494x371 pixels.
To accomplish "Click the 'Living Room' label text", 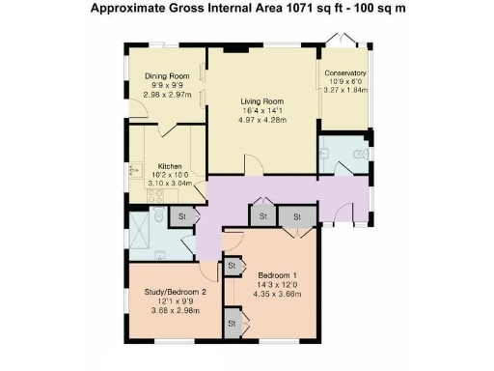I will click(x=261, y=100).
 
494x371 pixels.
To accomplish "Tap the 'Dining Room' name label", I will click(x=166, y=76).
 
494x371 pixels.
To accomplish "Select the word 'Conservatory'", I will click(x=344, y=73).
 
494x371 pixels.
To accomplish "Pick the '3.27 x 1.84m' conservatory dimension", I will click(x=344, y=91).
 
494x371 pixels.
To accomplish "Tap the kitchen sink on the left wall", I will click(x=133, y=171).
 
